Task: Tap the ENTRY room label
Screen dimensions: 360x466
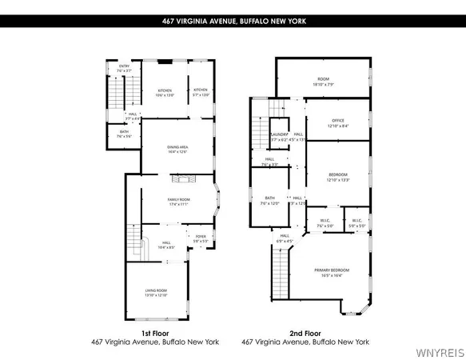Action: click(124, 66)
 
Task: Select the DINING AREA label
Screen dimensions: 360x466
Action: click(178, 149)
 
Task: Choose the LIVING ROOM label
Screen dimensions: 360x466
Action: click(156, 290)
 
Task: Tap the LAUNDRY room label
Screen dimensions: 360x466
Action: click(279, 135)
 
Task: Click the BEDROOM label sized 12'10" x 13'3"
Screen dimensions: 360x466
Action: click(338, 176)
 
